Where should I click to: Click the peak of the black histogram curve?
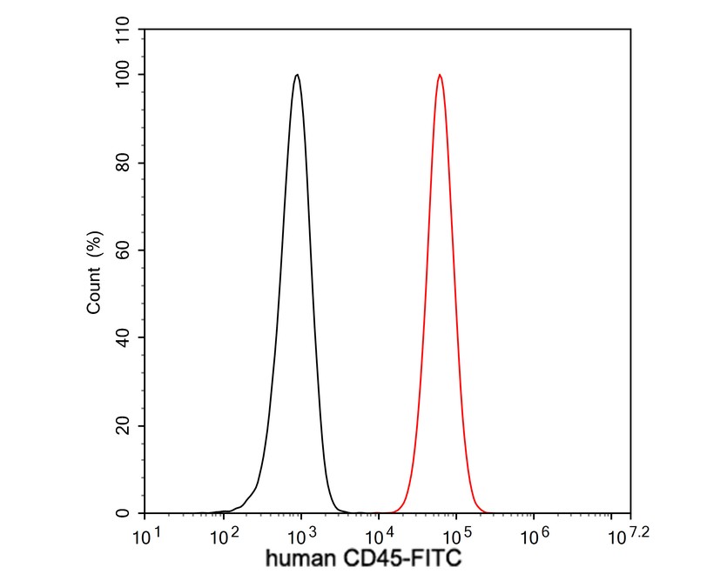pos(297,75)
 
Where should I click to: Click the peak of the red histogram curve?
pos(440,75)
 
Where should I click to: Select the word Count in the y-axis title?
pos(95,291)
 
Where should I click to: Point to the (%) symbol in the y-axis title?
pos(95,246)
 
